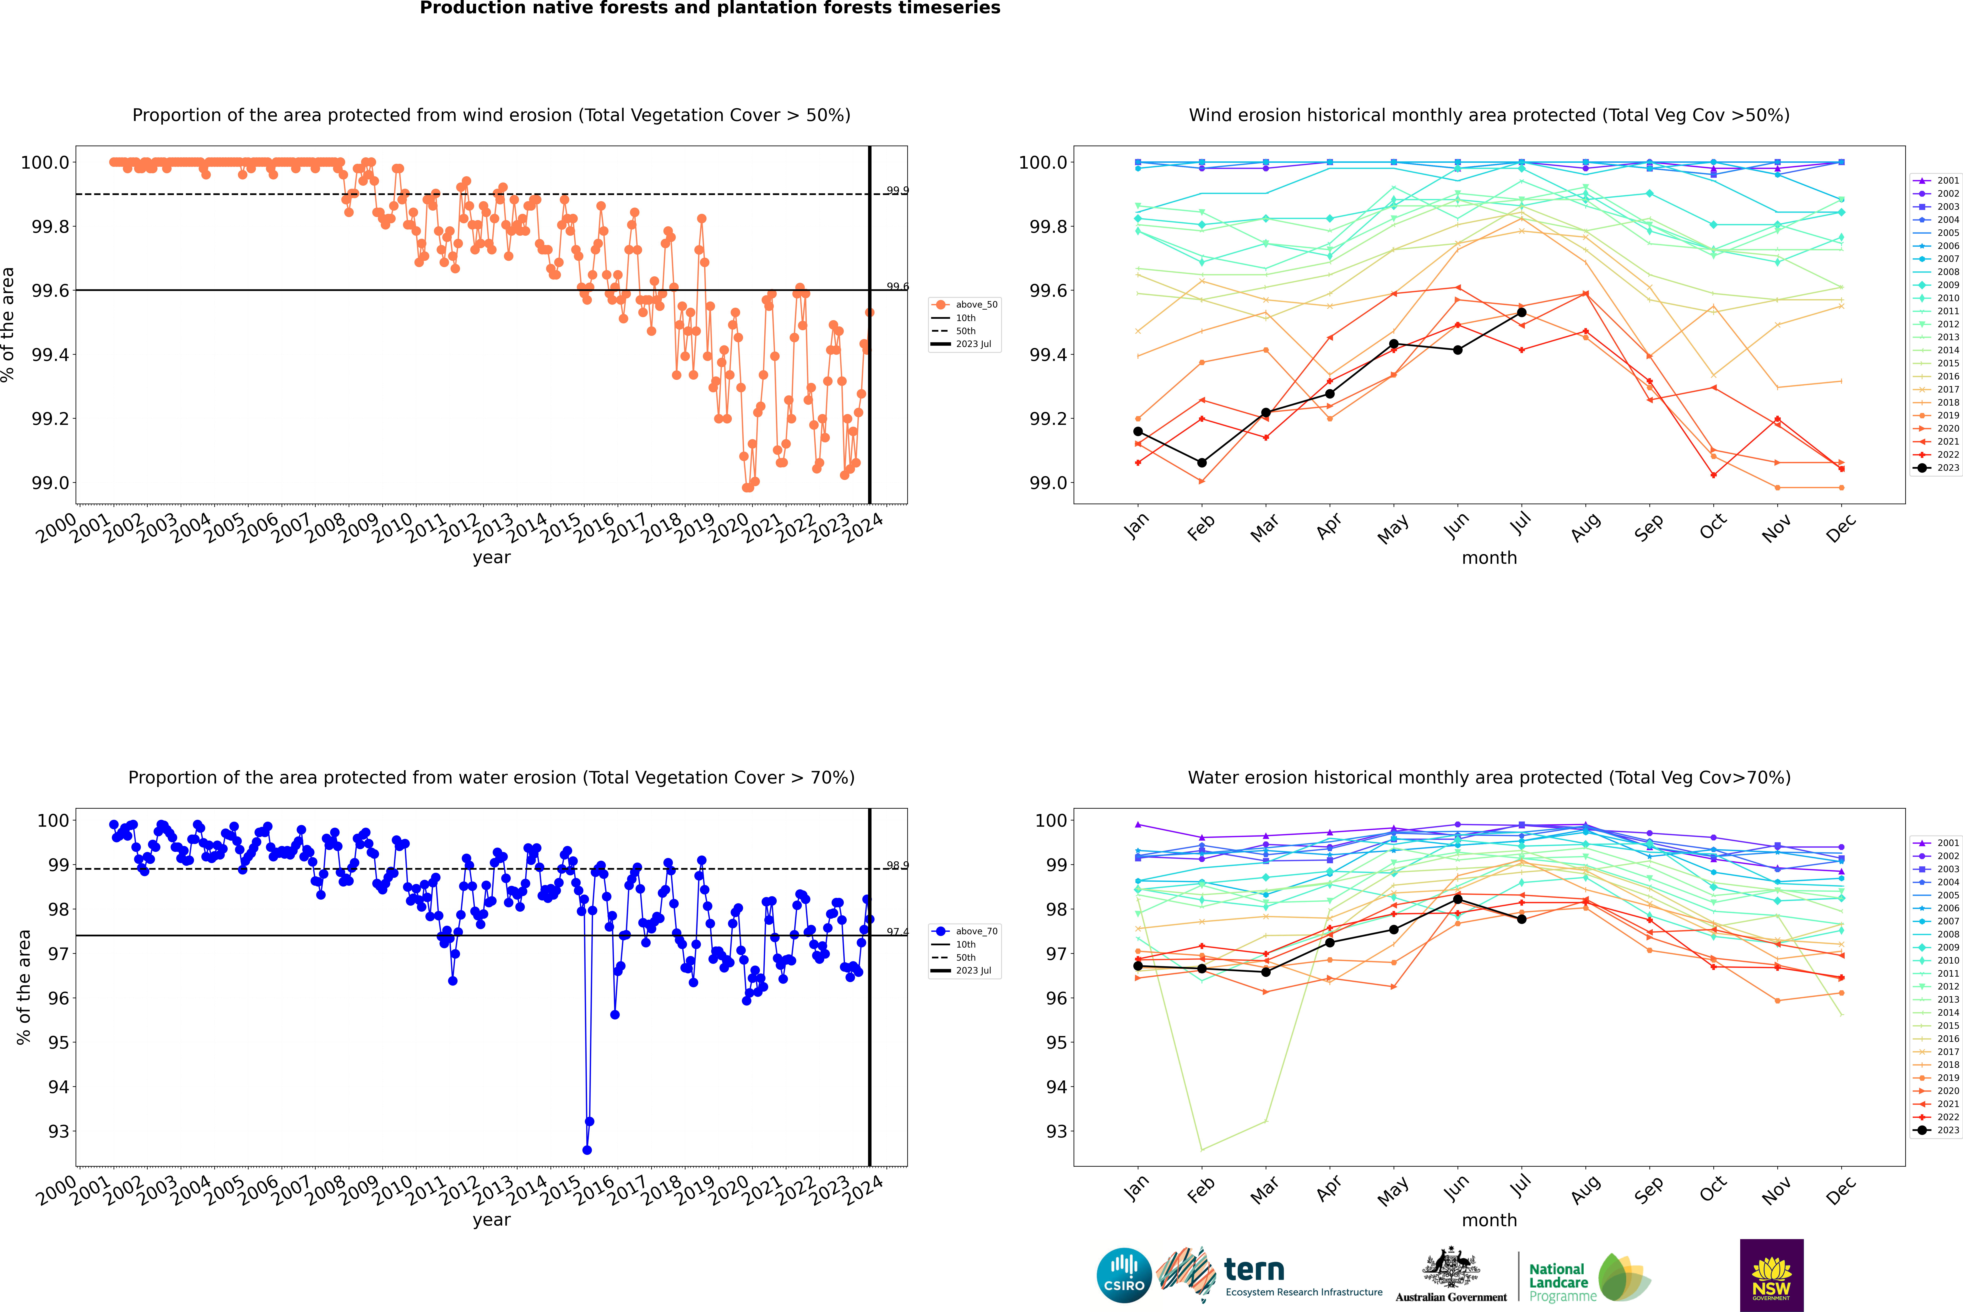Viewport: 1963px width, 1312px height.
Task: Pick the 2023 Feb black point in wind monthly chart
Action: click(x=1202, y=463)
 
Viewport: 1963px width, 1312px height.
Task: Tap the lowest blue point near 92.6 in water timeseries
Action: click(x=587, y=1150)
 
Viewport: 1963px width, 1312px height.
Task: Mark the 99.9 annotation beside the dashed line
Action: click(x=897, y=191)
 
